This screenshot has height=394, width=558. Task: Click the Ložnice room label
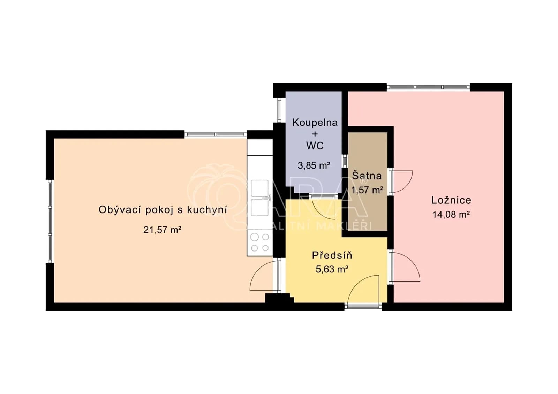(x=451, y=200)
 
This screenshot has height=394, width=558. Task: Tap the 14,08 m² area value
(x=451, y=215)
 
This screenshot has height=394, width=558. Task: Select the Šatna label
(x=367, y=176)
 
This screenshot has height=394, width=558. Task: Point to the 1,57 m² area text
(x=367, y=190)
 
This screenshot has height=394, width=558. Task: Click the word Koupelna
(x=315, y=123)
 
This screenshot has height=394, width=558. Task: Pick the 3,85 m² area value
(x=314, y=165)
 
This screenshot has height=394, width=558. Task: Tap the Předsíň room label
(x=332, y=255)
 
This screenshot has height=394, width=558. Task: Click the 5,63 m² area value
(x=332, y=269)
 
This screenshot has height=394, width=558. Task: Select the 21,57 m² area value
(x=162, y=230)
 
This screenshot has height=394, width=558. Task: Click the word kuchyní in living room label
(x=207, y=210)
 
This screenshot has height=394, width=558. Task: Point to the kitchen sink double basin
(x=260, y=198)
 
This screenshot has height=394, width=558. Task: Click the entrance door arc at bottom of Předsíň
(x=363, y=289)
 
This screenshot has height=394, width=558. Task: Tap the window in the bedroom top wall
(x=428, y=87)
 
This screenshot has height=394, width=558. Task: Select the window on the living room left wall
(x=50, y=221)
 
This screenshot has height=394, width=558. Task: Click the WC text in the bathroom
(x=315, y=146)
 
